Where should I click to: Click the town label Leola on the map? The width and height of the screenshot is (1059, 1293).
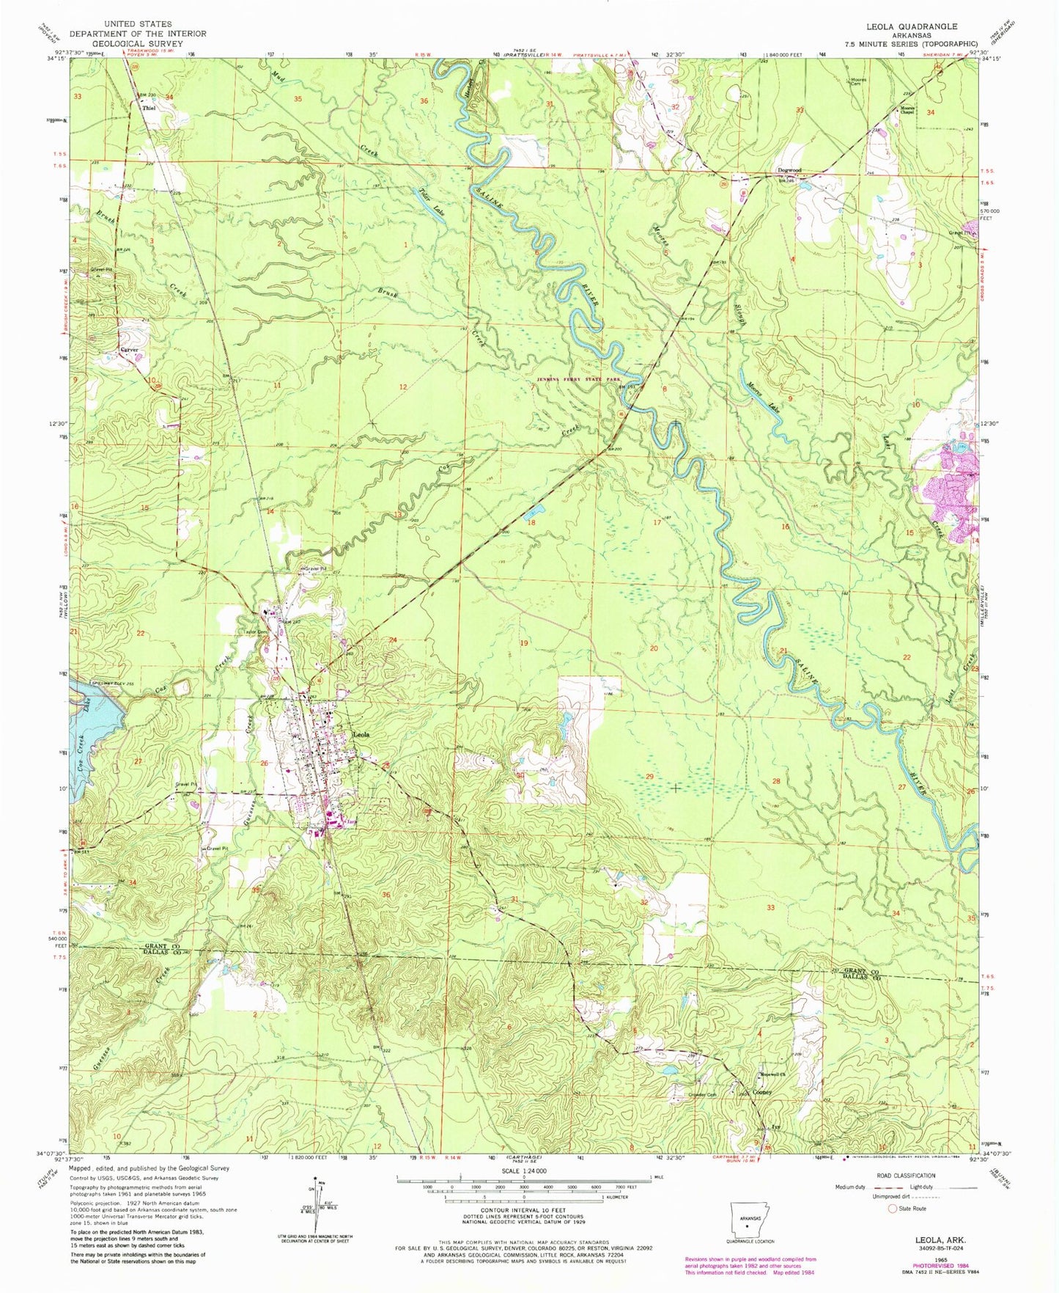pyautogui.click(x=361, y=734)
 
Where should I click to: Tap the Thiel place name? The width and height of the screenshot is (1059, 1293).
pyautogui.click(x=149, y=108)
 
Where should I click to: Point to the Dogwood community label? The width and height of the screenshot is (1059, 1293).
pyautogui.click(x=789, y=171)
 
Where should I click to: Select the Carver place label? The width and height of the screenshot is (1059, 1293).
pyautogui.click(x=130, y=350)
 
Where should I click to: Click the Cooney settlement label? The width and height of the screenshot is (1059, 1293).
pyautogui.click(x=762, y=1092)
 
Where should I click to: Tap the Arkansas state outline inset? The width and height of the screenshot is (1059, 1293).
pyautogui.click(x=745, y=1219)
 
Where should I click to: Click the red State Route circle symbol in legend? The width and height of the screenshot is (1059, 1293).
pyautogui.click(x=893, y=1208)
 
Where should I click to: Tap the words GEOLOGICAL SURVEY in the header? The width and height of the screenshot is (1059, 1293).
pyautogui.click(x=137, y=43)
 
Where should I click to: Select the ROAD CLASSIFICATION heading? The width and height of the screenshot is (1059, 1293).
pyautogui.click(x=907, y=1176)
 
